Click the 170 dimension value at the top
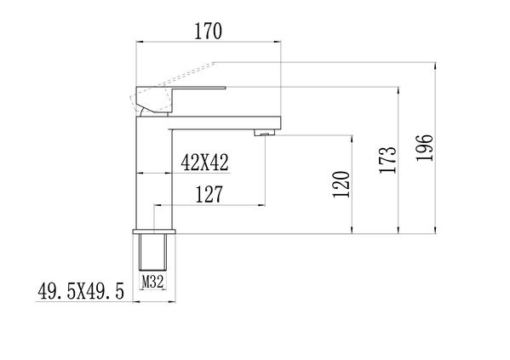click(208, 31)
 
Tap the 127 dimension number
click(209, 194)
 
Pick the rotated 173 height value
click(387, 159)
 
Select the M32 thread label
click(152, 280)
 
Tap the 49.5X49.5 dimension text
click(81, 292)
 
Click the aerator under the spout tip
click(265, 131)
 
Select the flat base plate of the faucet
click(154, 231)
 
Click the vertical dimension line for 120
click(352, 183)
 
